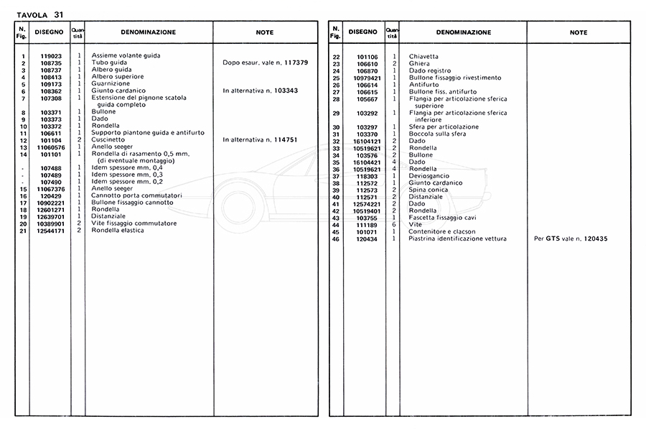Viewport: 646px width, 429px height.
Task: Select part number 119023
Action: pos(52,56)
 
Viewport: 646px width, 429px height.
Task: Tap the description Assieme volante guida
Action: pos(126,56)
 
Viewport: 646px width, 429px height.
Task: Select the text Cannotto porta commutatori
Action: pos(136,195)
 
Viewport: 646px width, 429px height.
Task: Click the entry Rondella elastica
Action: pos(118,231)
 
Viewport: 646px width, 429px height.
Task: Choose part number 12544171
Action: pos(52,231)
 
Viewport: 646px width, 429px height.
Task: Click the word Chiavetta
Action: pos(423,57)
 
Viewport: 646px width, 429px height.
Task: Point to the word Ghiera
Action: pos(419,64)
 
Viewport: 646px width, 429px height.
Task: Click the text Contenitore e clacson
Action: pos(442,231)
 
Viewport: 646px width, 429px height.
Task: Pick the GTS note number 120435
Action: pos(592,239)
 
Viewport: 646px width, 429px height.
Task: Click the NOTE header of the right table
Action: pos(578,32)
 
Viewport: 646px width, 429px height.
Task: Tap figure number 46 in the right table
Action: pos(335,239)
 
